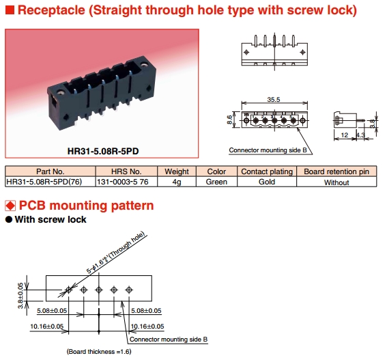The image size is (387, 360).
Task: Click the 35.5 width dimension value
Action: pyautogui.click(x=274, y=99)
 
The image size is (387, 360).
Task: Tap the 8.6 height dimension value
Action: pyautogui.click(x=229, y=120)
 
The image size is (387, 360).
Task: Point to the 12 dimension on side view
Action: pyautogui.click(x=344, y=135)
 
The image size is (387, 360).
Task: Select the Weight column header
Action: pyautogui.click(x=177, y=171)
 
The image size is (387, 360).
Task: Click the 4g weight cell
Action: pyautogui.click(x=177, y=182)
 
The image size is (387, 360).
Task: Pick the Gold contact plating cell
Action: pyautogui.click(x=267, y=182)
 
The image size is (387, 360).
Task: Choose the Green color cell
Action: pyautogui.click(x=216, y=182)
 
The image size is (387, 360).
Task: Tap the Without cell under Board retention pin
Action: pyautogui.click(x=336, y=182)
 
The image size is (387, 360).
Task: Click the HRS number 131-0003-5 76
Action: pyautogui.click(x=123, y=182)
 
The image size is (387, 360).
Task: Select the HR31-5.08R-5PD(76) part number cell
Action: pyautogui.click(x=44, y=182)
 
